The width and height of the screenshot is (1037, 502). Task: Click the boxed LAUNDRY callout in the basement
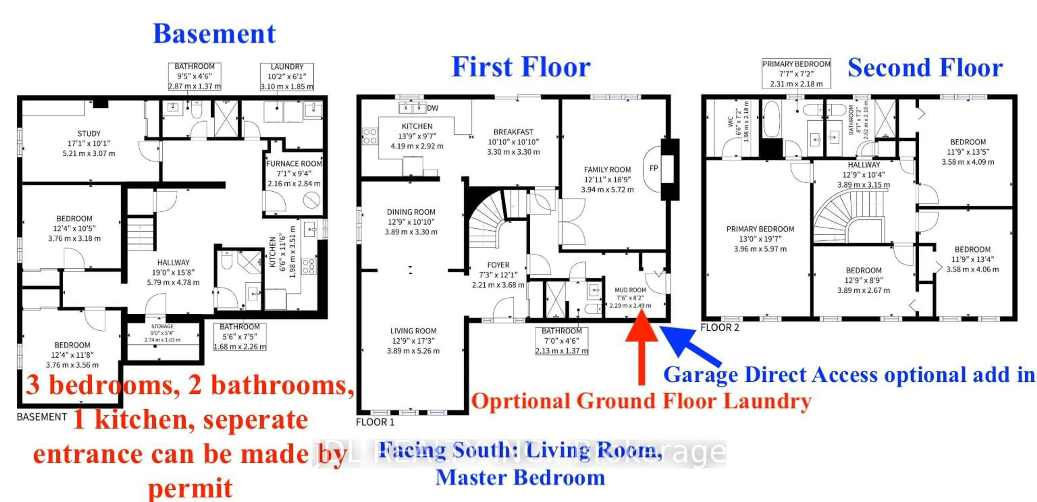tap(287, 76)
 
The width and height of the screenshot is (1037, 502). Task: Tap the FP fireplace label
tap(654, 168)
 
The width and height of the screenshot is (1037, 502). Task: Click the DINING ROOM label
tap(411, 212)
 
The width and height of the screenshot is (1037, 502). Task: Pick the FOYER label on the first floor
tap(498, 265)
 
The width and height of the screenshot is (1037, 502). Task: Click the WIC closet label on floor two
tap(730, 122)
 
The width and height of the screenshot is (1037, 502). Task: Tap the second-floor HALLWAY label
tap(864, 165)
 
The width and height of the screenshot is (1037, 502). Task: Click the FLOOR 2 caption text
tap(720, 327)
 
